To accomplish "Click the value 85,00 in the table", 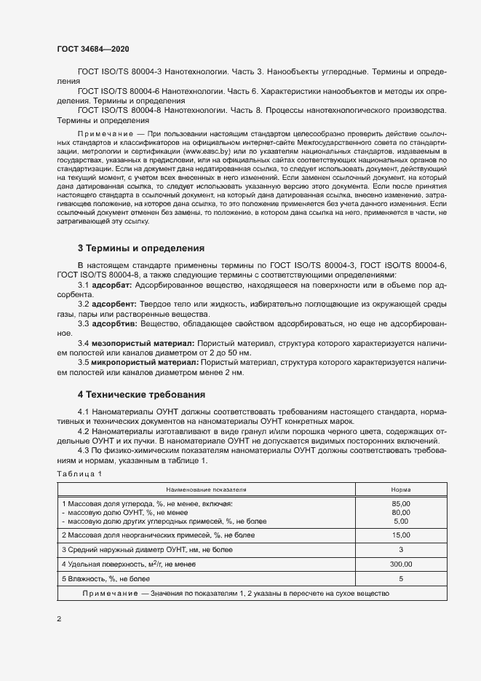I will pyautogui.click(x=401, y=504).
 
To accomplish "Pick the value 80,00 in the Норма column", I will pyautogui.click(x=401, y=513).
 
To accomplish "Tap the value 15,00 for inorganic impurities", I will pyautogui.click(x=401, y=535).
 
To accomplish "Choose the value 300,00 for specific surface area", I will pyautogui.click(x=401, y=564).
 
